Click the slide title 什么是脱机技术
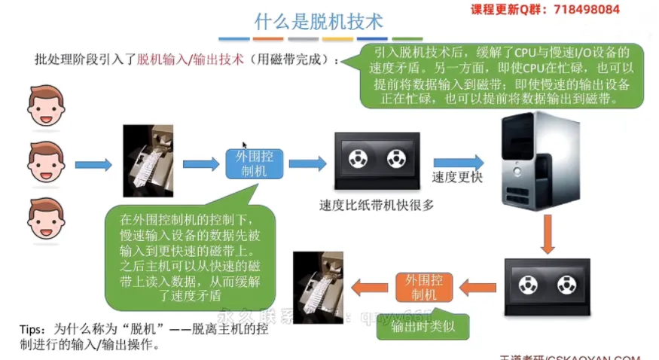tap(319, 20)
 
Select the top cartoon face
tap(46, 108)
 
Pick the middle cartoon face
tap(46, 162)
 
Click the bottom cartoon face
tap(46, 218)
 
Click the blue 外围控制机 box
tap(255, 163)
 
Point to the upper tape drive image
tap(377, 160)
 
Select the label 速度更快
tap(457, 178)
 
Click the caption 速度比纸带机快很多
tap(377, 204)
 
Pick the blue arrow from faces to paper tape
tap(93, 163)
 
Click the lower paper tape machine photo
tap(318, 286)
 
